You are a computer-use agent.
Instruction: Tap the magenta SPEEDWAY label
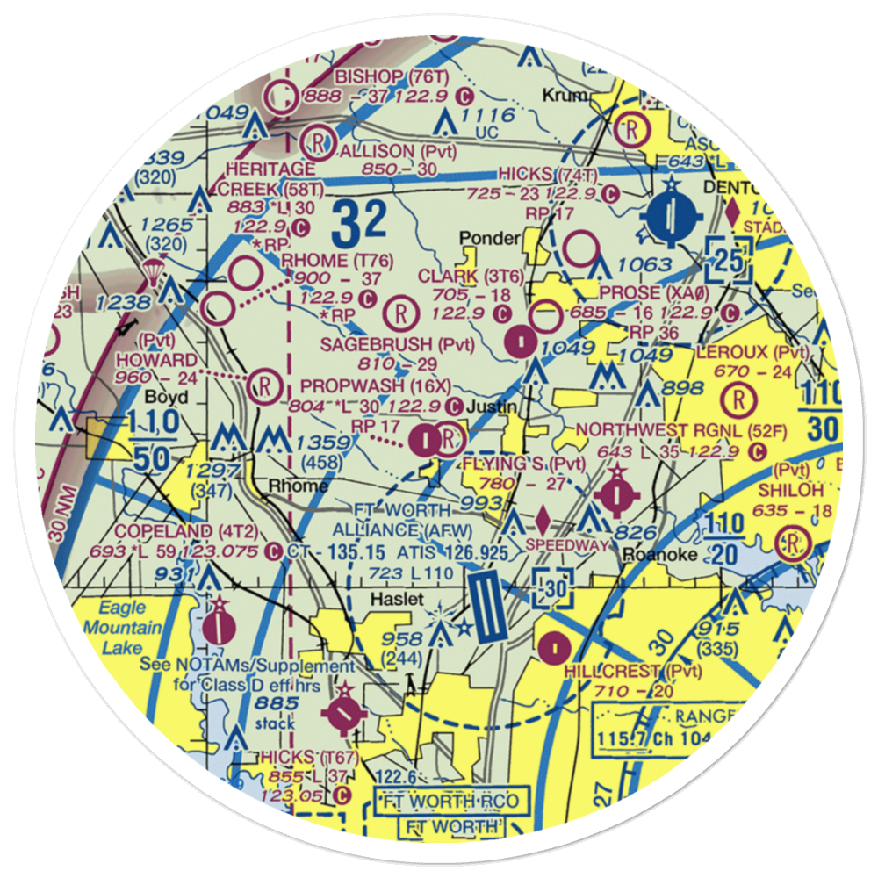click(566, 544)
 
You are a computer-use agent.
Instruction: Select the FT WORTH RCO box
click(451, 801)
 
